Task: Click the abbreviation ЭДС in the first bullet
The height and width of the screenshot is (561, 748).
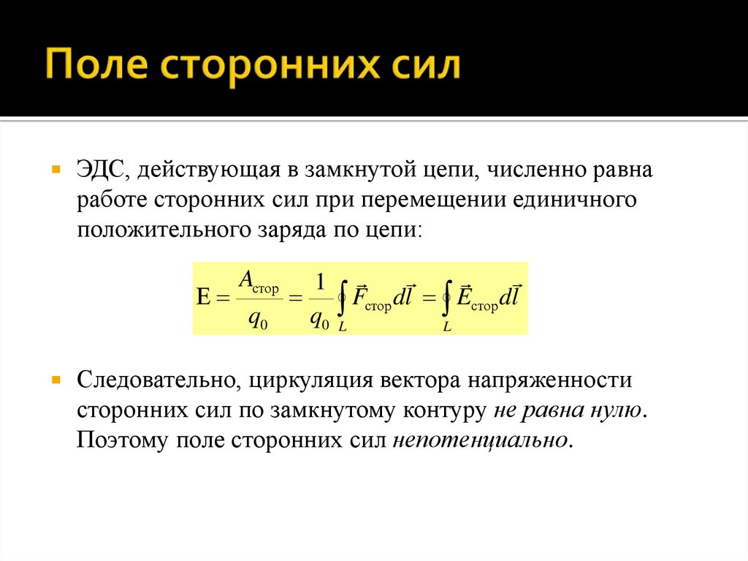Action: coord(103,170)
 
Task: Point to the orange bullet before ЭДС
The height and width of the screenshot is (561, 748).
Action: coord(56,169)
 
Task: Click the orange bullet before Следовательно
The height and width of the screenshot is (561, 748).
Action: coord(56,380)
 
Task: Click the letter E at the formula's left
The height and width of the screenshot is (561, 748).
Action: coord(204,298)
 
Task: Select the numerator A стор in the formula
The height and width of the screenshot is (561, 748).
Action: coord(259,282)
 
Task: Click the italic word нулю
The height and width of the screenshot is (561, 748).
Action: coord(618,410)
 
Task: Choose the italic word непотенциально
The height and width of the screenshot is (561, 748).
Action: coord(479,440)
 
